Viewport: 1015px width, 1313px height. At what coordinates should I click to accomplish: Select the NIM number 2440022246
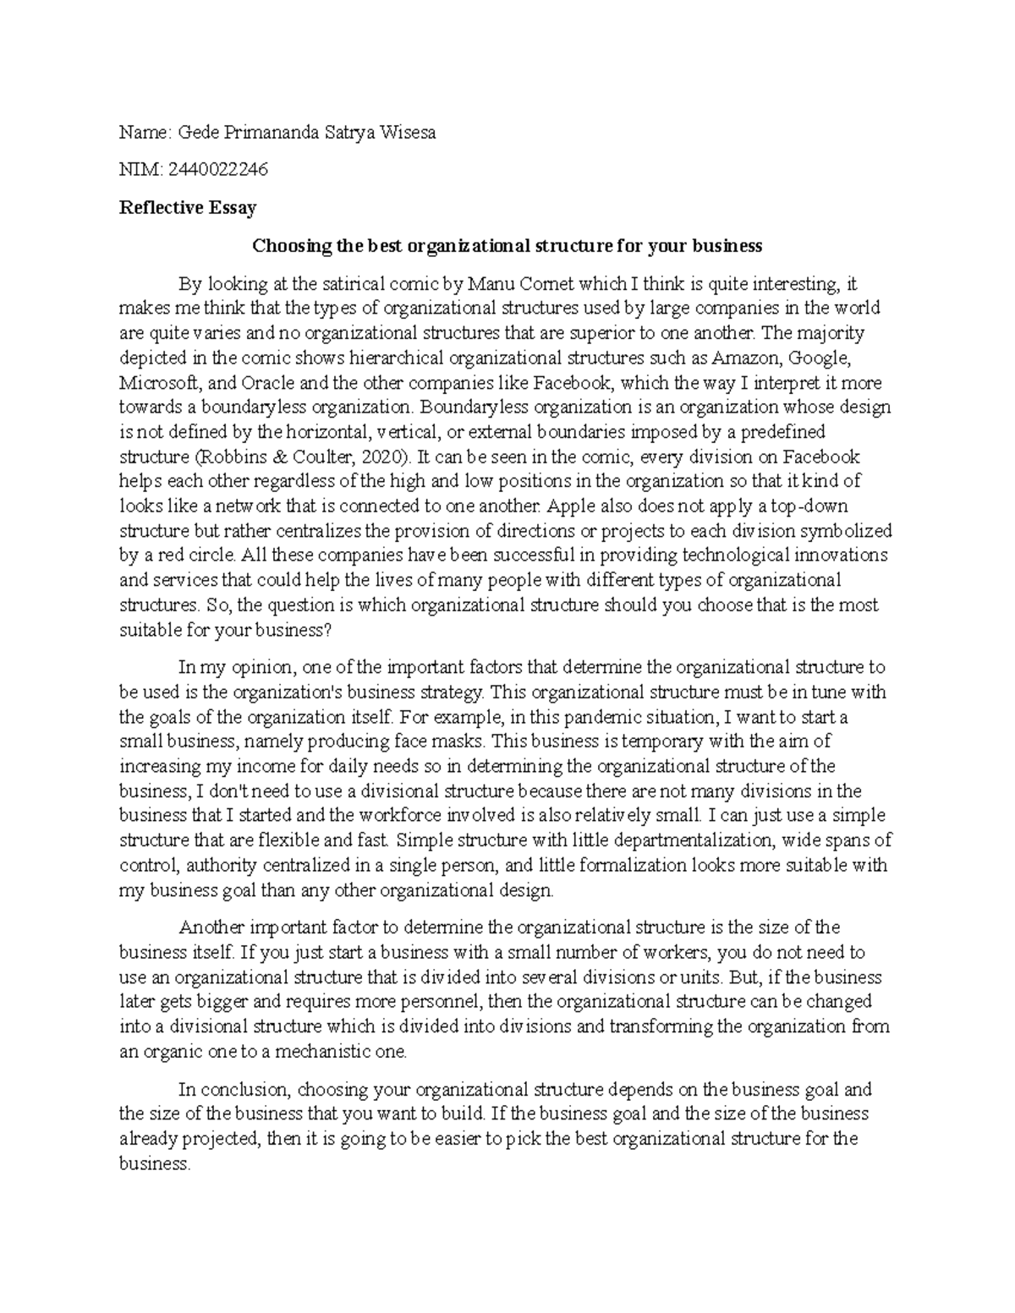218,169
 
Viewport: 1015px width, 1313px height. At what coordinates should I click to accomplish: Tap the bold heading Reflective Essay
188,207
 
